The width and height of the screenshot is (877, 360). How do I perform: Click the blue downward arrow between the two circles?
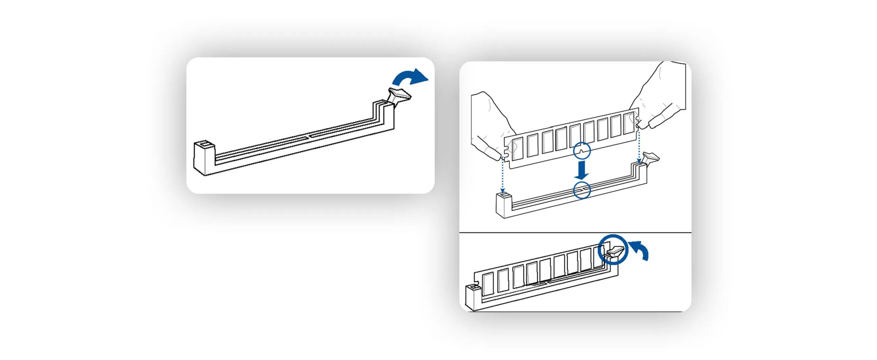coord(581,171)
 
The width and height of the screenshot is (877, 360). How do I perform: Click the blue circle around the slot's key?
coord(582,190)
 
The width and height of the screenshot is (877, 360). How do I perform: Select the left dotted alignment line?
coord(502,175)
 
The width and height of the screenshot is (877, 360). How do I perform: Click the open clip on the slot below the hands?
coord(651,158)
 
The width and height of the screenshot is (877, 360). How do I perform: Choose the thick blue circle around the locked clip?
coord(613,249)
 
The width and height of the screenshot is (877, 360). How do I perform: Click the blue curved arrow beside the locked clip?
coord(640,249)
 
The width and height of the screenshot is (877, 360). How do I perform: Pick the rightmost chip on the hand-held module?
coord(628,123)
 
